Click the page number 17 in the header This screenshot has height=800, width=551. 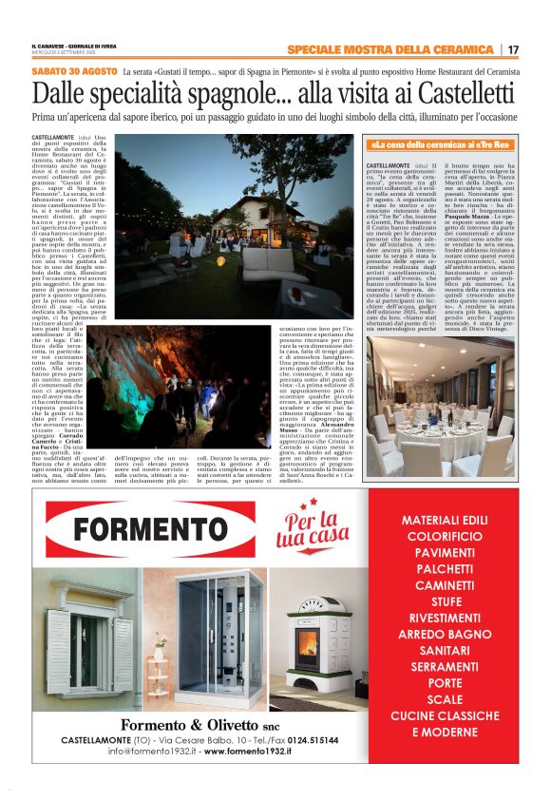[513, 49]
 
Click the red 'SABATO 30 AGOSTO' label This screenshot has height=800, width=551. [74, 71]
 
